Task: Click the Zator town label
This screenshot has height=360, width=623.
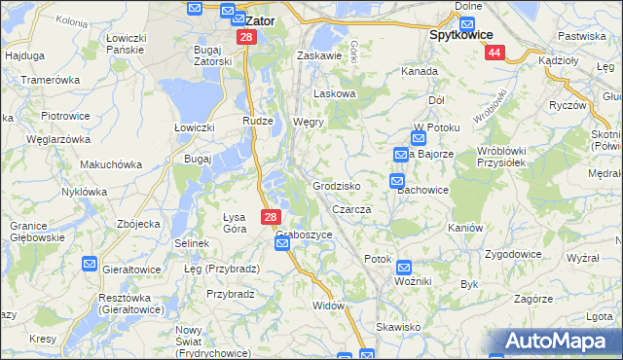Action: pos(260,18)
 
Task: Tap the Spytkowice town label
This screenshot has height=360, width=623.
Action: pos(464,32)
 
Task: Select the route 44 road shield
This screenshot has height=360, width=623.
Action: pos(495,53)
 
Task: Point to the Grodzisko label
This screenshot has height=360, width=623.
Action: pos(337,185)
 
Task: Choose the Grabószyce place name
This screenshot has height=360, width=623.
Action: pos(304,234)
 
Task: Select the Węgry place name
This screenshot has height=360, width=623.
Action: pos(308,123)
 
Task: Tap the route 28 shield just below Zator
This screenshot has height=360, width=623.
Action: pos(246,37)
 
